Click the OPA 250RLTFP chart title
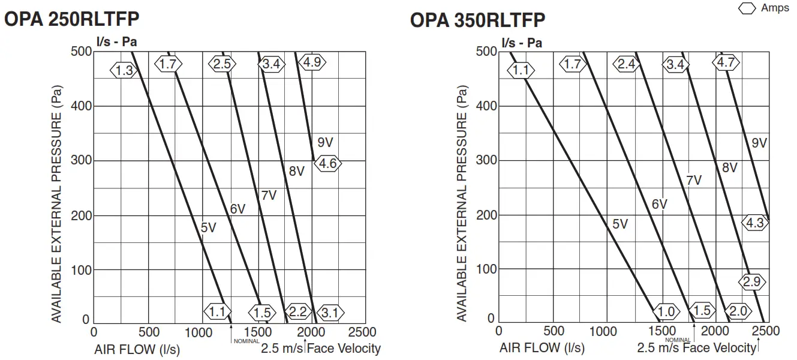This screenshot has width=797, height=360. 72,19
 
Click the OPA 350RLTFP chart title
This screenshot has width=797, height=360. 477,20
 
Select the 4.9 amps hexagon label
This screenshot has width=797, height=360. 313,62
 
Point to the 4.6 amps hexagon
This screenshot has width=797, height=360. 328,164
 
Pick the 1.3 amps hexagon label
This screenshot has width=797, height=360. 124,70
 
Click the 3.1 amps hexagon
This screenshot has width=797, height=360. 330,312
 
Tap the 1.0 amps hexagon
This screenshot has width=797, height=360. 666,311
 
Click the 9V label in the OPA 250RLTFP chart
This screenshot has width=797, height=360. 325,143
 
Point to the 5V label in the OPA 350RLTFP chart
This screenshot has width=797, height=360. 619,224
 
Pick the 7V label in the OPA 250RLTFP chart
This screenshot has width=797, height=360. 269,195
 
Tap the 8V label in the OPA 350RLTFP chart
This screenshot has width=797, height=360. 729,168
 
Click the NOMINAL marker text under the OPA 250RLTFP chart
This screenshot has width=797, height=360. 246,341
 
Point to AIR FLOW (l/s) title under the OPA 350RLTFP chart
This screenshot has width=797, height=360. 542,348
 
